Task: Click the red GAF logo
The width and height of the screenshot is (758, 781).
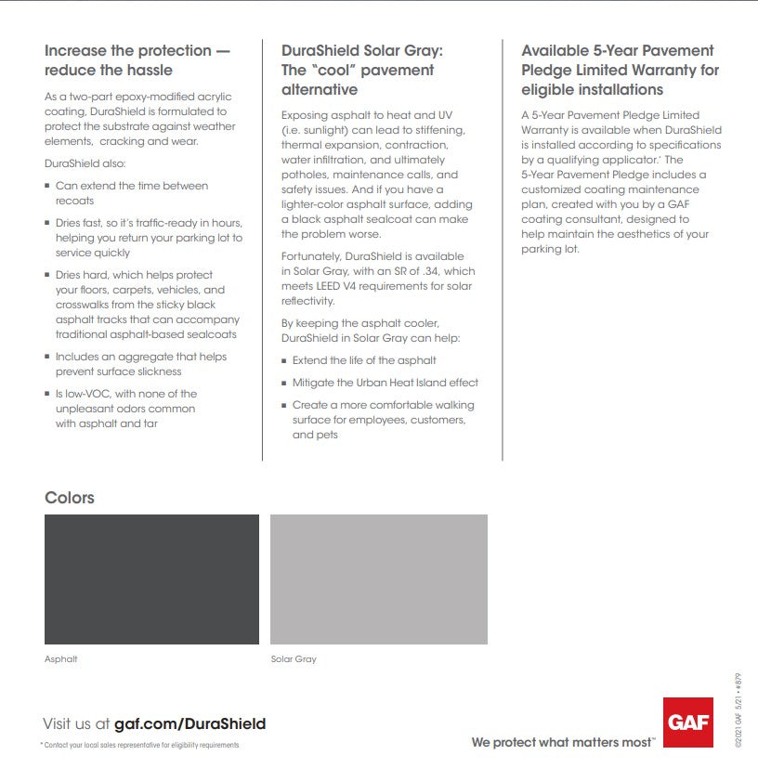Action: click(x=688, y=722)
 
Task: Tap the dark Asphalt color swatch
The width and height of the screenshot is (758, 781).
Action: click(x=151, y=579)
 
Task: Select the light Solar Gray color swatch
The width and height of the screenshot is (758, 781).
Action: click(x=378, y=579)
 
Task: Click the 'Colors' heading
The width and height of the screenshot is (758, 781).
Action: click(x=70, y=498)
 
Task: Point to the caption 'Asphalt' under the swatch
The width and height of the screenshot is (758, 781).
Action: click(x=61, y=659)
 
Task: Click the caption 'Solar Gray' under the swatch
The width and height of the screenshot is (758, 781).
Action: click(x=294, y=659)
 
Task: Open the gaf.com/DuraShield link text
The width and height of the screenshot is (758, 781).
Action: click(x=189, y=723)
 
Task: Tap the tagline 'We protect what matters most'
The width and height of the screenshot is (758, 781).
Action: click(x=562, y=742)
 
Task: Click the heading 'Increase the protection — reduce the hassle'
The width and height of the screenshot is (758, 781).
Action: click(x=137, y=60)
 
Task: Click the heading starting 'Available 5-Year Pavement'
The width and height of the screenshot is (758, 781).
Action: click(x=618, y=50)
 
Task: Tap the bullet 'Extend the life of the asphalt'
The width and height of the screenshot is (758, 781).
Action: click(x=364, y=360)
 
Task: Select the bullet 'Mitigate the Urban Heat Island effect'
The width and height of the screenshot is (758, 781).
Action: click(x=386, y=383)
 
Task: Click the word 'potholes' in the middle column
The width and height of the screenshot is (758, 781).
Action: click(x=305, y=175)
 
